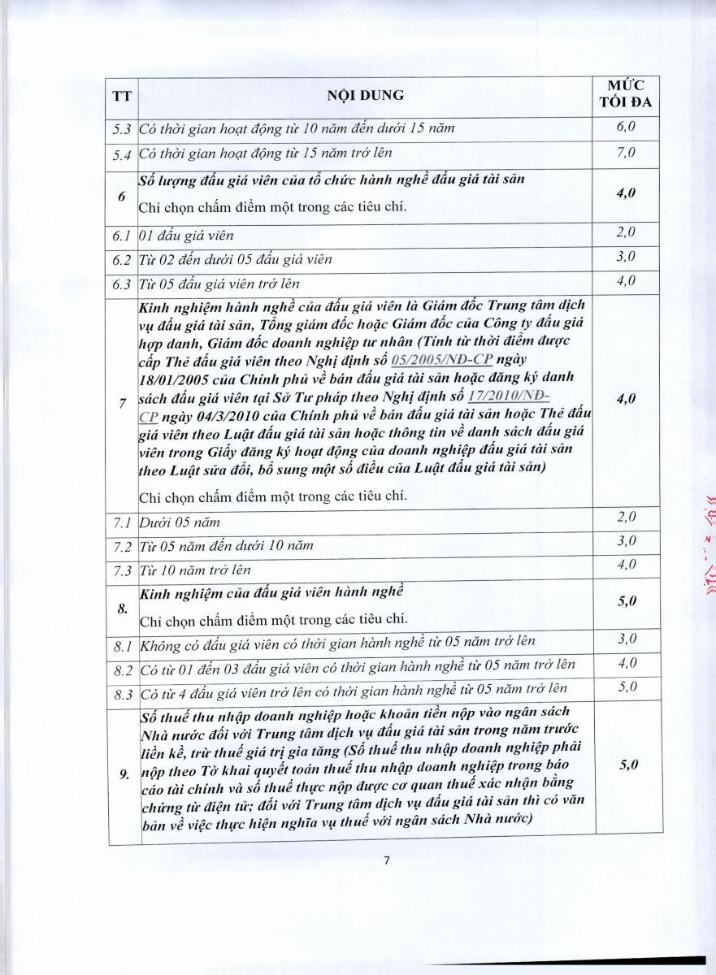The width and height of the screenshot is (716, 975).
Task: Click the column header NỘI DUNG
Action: (365, 95)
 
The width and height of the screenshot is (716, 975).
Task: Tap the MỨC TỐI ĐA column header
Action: (625, 94)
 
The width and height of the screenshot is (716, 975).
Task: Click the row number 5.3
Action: (123, 128)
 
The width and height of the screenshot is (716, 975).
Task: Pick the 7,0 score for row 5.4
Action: (625, 152)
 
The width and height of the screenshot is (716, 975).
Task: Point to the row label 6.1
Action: (122, 236)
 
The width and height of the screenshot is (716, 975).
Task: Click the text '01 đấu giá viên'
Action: (186, 236)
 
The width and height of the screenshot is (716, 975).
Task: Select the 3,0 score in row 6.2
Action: (625, 257)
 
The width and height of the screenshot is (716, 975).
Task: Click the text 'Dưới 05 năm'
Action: (179, 522)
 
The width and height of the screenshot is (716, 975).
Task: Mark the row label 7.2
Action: (122, 545)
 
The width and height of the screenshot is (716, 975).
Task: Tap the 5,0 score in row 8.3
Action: (625, 688)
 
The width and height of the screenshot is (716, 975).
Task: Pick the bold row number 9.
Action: (124, 774)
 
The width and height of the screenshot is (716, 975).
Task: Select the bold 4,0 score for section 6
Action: (625, 193)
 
